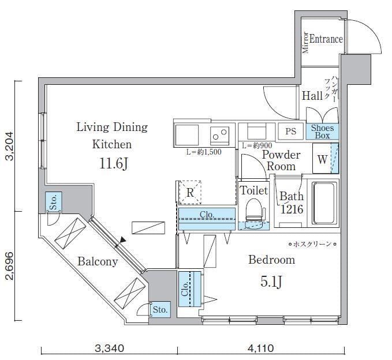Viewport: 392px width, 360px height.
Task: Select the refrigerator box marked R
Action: [190, 192]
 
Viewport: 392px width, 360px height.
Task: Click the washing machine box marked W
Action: [322, 159]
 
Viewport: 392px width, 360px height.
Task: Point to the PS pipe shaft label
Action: [291, 131]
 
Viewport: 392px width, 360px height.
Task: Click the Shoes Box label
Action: [322, 132]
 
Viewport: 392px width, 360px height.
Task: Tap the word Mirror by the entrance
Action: [305, 43]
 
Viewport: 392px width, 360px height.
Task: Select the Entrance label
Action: [326, 39]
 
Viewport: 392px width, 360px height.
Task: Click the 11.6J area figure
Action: [114, 164]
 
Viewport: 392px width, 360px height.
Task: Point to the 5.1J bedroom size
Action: [271, 282]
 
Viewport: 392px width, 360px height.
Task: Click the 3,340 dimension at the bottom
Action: [109, 348]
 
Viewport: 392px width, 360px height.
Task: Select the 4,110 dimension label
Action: [261, 348]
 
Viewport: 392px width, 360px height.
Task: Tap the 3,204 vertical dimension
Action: [9, 146]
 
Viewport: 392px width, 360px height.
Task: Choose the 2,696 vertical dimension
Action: [9, 266]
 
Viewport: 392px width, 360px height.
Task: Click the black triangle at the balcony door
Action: [123, 240]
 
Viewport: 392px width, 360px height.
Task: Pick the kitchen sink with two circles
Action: [219, 136]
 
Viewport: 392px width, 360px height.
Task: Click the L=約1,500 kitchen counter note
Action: [204, 152]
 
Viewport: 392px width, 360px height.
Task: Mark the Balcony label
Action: [98, 261]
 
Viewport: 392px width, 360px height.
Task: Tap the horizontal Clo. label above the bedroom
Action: [207, 215]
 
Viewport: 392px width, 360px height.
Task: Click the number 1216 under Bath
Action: [292, 209]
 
